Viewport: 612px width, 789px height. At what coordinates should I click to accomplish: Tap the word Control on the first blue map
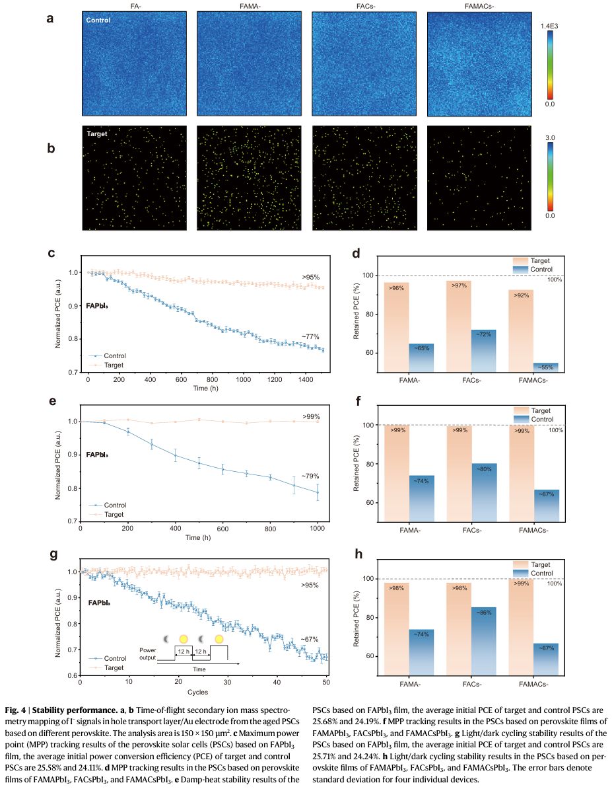(x=98, y=20)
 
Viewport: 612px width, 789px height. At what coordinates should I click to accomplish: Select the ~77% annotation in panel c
(x=311, y=336)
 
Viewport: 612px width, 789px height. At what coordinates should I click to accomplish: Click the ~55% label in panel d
(x=546, y=367)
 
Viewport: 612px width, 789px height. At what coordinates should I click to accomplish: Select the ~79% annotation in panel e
(x=311, y=476)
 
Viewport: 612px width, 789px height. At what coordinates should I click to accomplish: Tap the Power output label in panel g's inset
(x=148, y=654)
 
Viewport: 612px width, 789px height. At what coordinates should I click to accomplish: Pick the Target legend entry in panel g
(x=115, y=667)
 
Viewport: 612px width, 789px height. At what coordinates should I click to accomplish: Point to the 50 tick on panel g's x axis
(x=326, y=682)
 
